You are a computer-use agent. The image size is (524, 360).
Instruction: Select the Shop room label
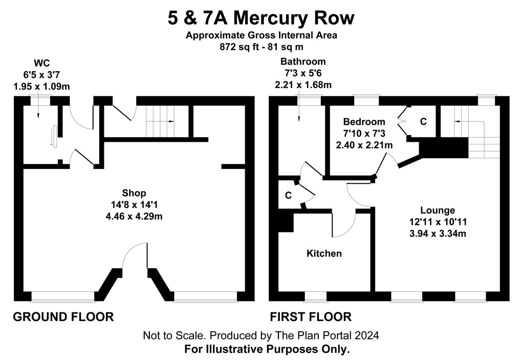point(134,193)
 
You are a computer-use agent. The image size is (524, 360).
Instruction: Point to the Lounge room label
point(438,210)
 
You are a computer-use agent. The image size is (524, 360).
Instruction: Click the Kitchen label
point(324,253)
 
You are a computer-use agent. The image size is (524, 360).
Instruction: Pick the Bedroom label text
point(364,121)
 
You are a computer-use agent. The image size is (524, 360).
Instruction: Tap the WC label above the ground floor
point(42,63)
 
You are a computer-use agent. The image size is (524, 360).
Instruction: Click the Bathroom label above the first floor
point(303,61)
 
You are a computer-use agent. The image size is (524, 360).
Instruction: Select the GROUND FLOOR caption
point(63,316)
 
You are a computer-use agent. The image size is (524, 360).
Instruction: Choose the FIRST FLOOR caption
point(311,316)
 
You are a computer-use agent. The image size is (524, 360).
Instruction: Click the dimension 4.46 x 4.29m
point(134,217)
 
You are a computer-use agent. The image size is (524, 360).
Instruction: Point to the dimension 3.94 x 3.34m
point(438,233)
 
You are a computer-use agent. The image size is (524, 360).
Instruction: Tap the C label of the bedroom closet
point(423,121)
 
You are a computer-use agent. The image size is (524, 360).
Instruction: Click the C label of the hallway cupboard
point(288,195)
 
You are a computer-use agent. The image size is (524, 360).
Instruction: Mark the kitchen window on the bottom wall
point(315,297)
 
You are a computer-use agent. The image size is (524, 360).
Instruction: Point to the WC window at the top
point(40,98)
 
